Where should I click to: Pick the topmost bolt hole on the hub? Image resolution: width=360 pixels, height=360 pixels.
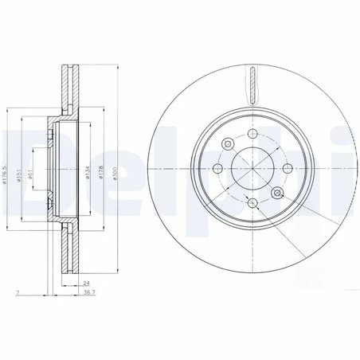pyautogui.click(x=252, y=134)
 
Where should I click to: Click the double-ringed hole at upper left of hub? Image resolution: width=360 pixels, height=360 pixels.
pyautogui.click(x=226, y=144)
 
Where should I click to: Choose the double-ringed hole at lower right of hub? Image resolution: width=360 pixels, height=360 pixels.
pyautogui.click(x=276, y=194)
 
